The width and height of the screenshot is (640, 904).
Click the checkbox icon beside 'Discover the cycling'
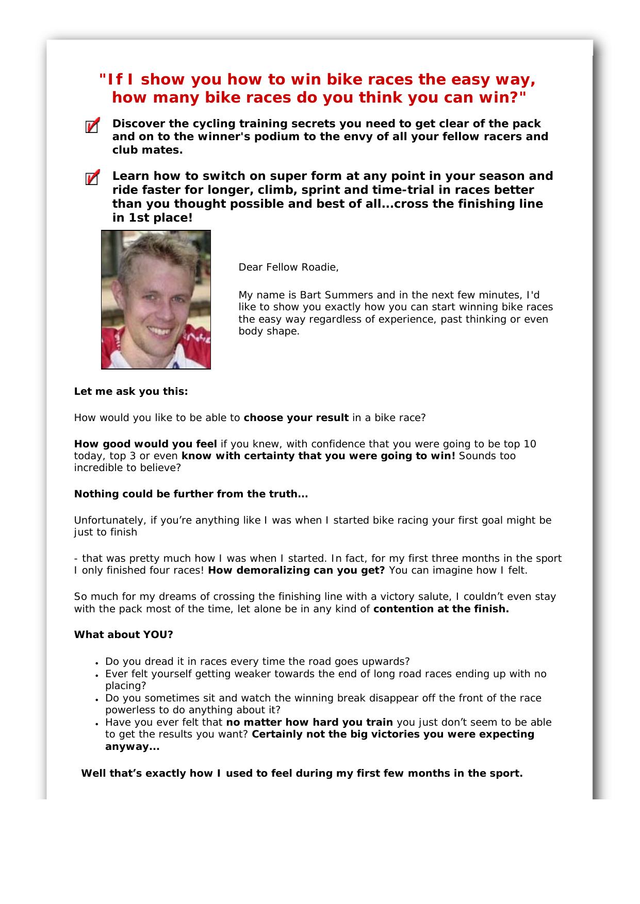click(x=92, y=126)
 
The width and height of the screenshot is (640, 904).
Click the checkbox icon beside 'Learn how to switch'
click(x=92, y=178)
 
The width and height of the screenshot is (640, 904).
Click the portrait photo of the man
click(x=156, y=299)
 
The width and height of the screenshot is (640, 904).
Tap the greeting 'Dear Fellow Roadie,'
click(x=288, y=267)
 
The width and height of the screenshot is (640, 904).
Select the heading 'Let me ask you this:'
click(x=131, y=392)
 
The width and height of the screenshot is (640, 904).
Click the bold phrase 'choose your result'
click(x=296, y=418)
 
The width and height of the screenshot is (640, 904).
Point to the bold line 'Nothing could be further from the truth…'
click(x=191, y=494)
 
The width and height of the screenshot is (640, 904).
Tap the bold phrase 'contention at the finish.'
click(x=441, y=609)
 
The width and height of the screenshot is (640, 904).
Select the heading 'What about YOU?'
click(x=124, y=635)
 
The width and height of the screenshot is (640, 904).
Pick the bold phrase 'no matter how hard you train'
click(x=309, y=723)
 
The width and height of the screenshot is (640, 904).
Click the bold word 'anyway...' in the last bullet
click(x=132, y=747)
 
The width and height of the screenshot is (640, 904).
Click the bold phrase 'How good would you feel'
click(x=145, y=444)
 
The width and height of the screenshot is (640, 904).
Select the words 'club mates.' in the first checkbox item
click(x=147, y=150)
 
